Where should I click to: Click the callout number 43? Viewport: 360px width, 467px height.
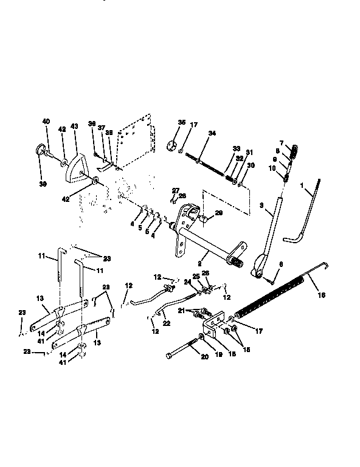74,126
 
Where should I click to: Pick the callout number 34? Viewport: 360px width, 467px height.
212,133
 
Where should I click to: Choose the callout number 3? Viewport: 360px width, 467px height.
261,206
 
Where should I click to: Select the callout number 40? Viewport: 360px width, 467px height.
46,121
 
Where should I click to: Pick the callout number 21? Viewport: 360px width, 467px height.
181,311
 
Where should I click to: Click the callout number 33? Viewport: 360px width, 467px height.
236,148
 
